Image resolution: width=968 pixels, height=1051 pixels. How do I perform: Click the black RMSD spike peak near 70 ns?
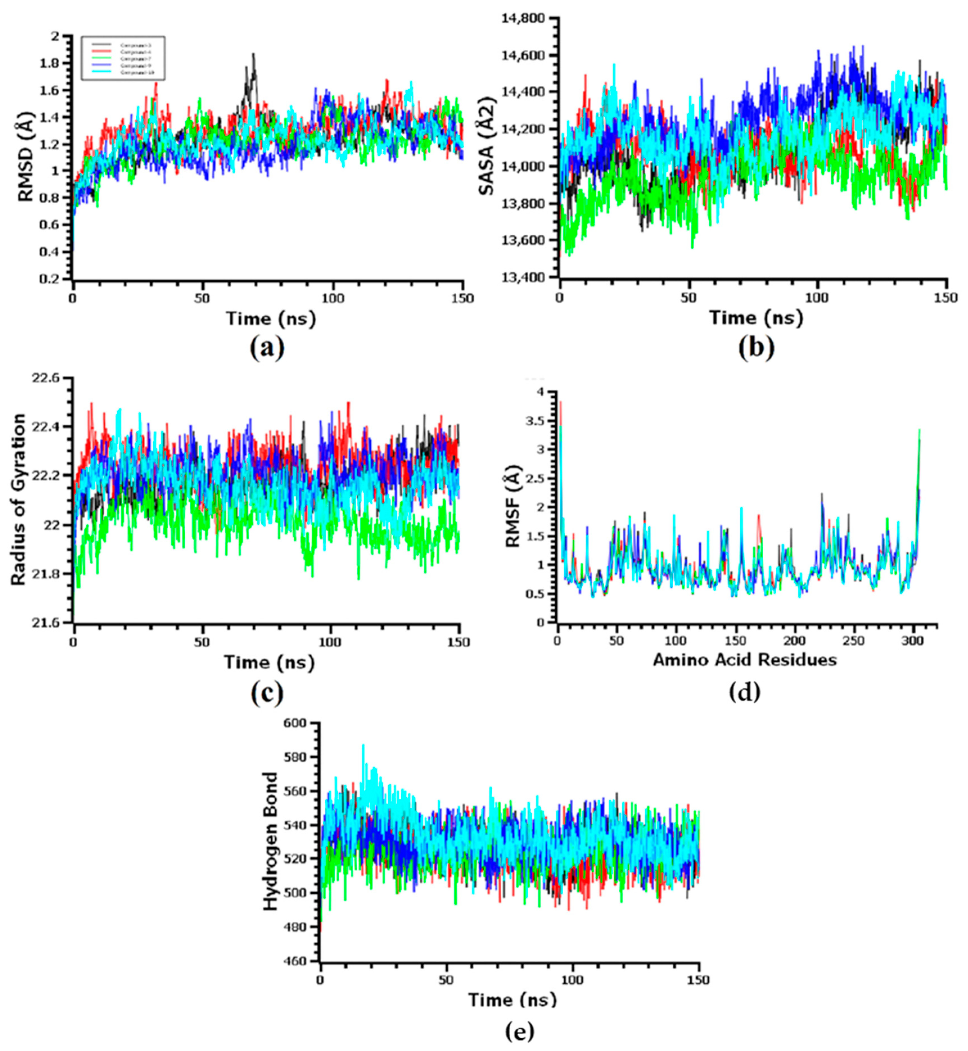tap(254, 54)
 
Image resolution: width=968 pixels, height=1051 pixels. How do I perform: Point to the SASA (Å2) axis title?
tap(487, 147)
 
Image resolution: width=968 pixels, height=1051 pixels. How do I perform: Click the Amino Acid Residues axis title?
tap(744, 660)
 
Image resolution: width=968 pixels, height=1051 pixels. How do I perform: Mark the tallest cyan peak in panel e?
tap(363, 745)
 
